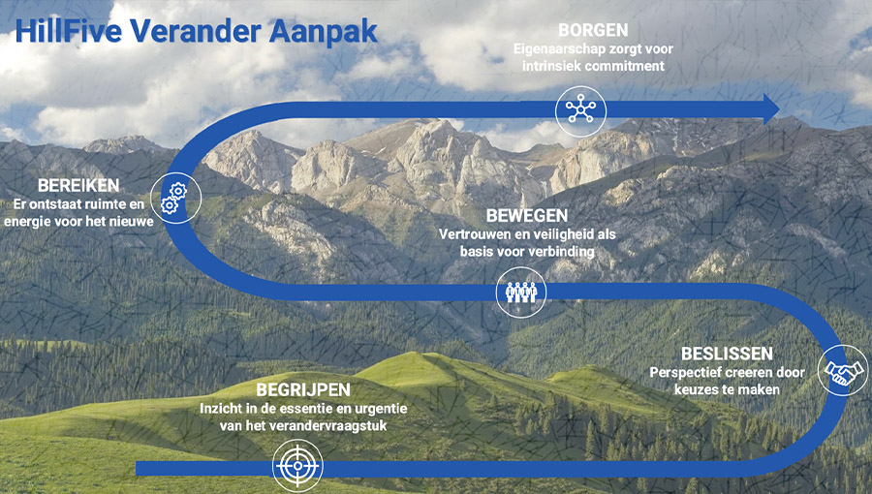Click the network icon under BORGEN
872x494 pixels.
coord(579,109)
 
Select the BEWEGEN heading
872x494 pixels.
coord(514,215)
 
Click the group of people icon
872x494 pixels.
coord(520,293)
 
